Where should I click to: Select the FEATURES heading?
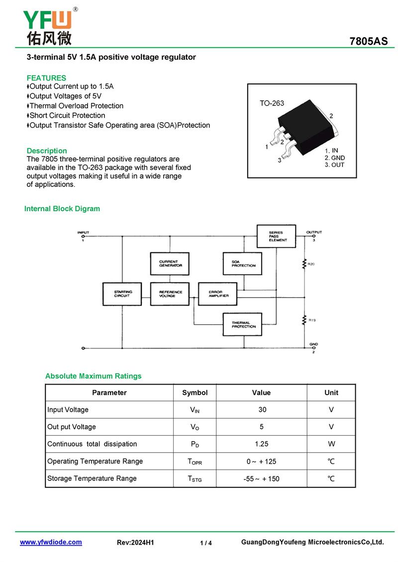46,78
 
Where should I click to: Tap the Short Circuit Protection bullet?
67,115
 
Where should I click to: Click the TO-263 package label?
272,103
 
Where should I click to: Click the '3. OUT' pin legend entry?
334,165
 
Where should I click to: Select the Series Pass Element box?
276,237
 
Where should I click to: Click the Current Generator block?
170,264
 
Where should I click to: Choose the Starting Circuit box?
122,294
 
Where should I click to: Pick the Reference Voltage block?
170,294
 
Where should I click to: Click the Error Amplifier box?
218,294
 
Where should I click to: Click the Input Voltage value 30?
262,410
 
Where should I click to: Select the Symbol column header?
195,393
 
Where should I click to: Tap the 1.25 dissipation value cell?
262,444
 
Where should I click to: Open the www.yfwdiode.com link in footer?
51,542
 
